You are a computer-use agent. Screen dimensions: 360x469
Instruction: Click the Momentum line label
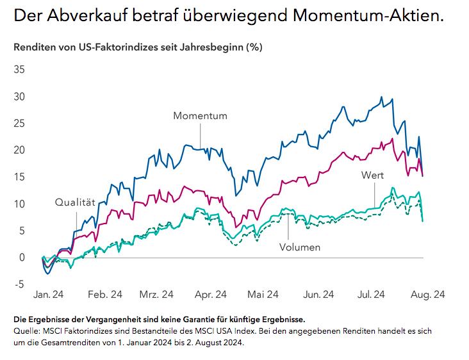click(200, 116)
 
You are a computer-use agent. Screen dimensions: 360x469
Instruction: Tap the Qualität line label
click(75, 202)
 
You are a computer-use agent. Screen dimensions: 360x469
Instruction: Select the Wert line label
click(372, 175)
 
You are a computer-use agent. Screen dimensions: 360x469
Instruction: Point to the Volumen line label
click(299, 247)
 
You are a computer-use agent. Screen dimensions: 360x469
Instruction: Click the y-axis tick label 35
click(19, 70)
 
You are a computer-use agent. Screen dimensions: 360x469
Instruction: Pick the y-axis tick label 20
click(19, 150)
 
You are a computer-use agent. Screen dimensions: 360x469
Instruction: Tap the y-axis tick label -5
click(19, 284)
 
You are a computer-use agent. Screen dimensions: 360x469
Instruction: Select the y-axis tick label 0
click(22, 258)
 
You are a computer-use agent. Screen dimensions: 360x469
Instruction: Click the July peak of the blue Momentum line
click(382, 97)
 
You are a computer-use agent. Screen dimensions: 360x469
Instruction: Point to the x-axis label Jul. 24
click(370, 295)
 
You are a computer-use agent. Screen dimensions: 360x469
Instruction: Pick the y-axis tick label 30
click(19, 97)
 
